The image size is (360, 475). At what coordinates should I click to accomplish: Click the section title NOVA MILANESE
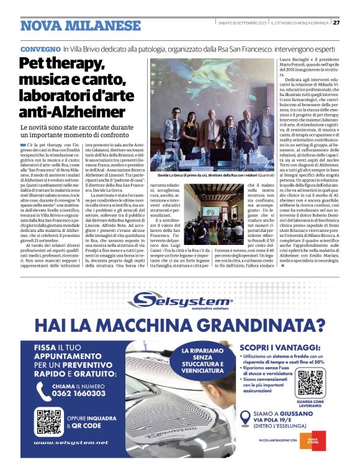(x=81, y=25)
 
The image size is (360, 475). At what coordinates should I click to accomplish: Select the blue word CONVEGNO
(x=40, y=48)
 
